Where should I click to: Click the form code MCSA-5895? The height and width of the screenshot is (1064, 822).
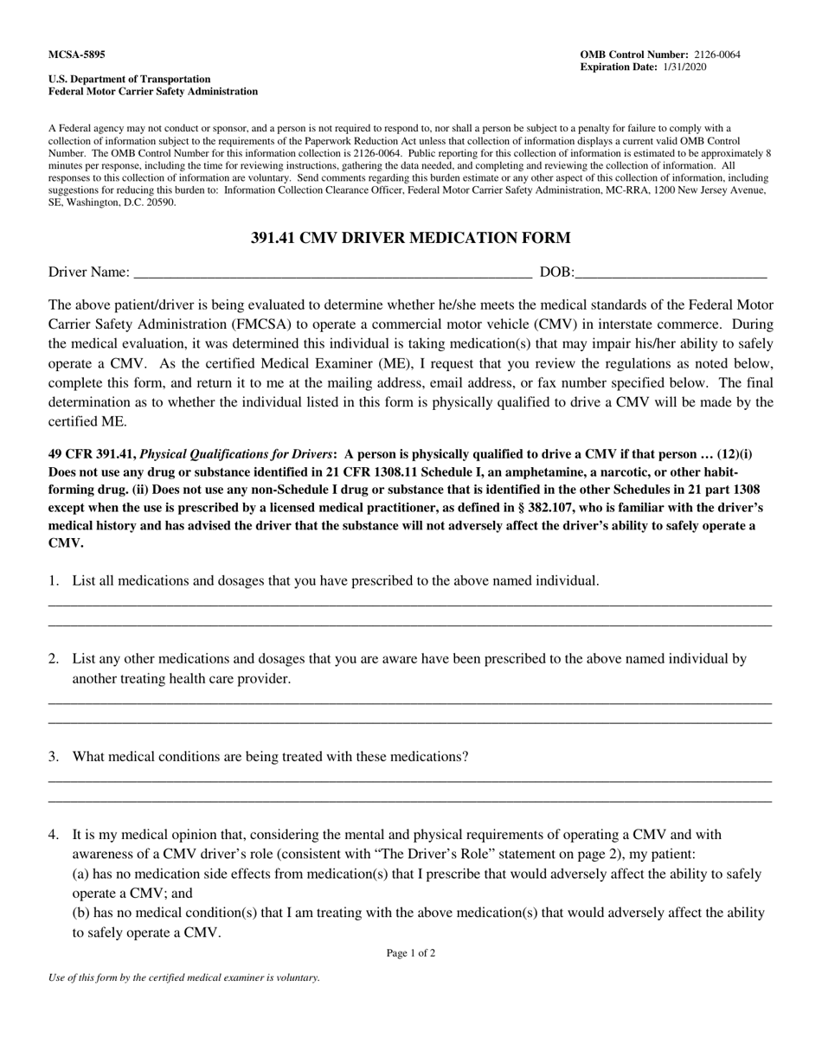tap(76, 54)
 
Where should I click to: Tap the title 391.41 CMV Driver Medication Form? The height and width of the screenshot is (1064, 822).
tap(410, 238)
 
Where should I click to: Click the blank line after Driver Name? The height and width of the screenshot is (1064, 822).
tap(333, 273)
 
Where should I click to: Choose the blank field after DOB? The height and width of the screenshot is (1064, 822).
tap(671, 273)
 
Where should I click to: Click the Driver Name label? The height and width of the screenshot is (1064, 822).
tap(89, 272)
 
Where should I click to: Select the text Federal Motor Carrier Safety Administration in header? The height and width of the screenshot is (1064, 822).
tap(152, 91)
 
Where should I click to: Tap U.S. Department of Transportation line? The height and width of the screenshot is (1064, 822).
tap(129, 79)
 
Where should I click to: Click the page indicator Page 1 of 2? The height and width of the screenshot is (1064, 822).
tap(410, 953)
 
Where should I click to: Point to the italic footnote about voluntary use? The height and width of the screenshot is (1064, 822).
tap(184, 977)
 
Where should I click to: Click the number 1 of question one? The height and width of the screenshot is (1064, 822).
tap(53, 580)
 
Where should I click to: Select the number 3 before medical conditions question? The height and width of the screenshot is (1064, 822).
tap(53, 756)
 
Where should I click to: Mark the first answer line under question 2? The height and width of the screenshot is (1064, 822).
tap(410, 702)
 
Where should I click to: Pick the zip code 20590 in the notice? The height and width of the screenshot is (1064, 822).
tap(159, 202)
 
